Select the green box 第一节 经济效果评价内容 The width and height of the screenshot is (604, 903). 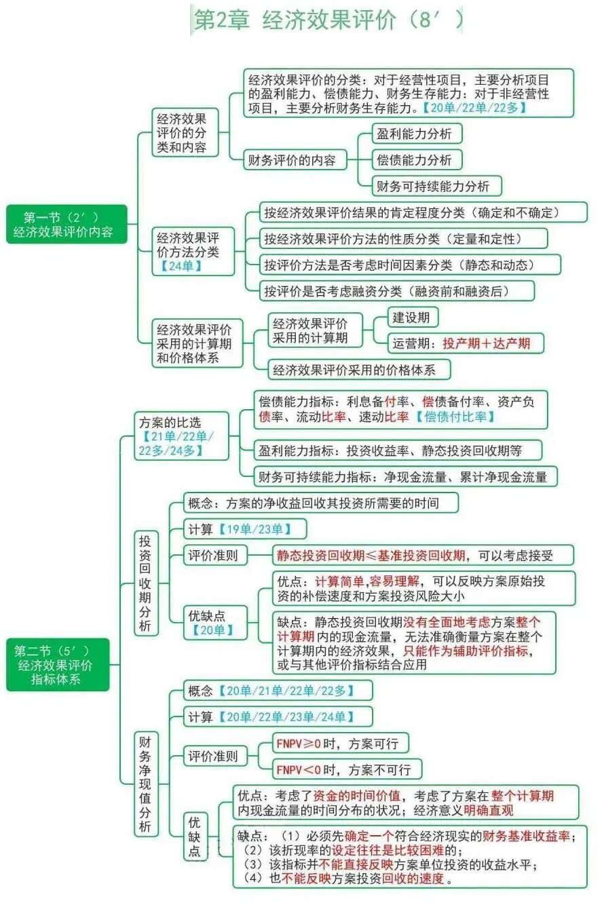point(67,224)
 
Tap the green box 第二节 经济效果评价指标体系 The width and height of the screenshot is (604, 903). point(57,664)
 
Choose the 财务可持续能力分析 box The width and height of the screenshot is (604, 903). point(438,186)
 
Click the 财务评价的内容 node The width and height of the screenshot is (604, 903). point(295,160)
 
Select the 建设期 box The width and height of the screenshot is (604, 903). point(412,318)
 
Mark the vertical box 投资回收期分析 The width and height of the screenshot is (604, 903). point(146,583)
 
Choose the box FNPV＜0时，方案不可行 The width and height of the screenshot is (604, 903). point(346,769)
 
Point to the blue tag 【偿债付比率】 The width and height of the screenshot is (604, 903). point(455,417)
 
